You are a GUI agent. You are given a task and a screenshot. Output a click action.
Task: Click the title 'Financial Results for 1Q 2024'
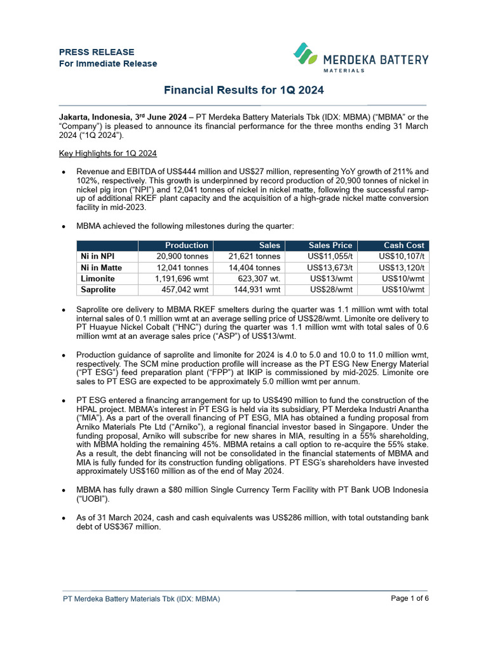tap(244, 90)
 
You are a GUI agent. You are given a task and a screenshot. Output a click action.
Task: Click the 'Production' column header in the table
tap(186, 245)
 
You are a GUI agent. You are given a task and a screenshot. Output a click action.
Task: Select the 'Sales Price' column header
tap(330, 245)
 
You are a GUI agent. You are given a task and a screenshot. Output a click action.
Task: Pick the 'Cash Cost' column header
tap(403, 245)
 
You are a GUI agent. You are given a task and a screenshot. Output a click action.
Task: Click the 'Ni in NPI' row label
tap(98, 256)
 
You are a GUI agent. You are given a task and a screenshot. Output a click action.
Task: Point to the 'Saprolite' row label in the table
tap(98, 290)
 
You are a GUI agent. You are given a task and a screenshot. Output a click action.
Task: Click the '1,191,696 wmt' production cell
tap(182, 278)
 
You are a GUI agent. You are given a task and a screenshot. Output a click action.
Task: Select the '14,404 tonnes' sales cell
tap(254, 268)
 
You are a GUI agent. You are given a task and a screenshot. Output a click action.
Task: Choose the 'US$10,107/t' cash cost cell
tap(401, 256)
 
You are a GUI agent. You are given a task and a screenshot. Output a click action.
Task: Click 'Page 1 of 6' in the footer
tap(410, 598)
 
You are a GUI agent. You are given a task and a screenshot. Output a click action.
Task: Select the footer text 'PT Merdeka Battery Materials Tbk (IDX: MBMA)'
tap(141, 599)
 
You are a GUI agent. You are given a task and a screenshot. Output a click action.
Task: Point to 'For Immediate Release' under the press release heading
tap(108, 64)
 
